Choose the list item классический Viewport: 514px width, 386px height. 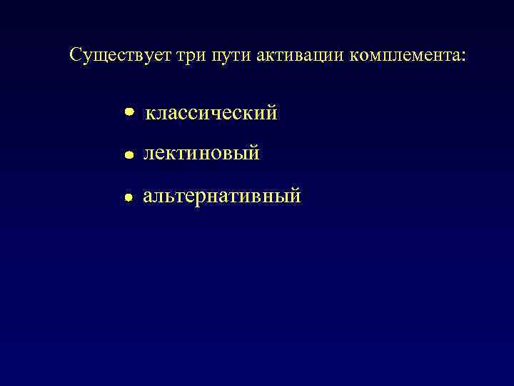click(x=211, y=113)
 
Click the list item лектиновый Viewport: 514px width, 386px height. click(x=201, y=154)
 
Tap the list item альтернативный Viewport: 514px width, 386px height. click(x=222, y=196)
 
